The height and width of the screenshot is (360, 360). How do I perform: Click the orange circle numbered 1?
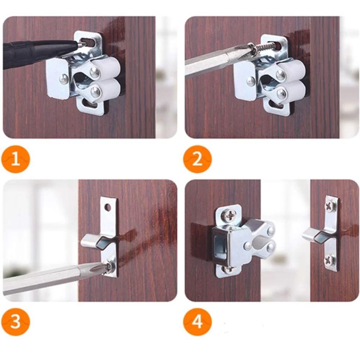pyautogui.click(x=15, y=159)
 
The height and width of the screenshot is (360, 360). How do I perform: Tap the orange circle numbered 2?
pyautogui.click(x=197, y=159)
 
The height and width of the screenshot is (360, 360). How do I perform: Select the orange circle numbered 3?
pyautogui.click(x=15, y=321)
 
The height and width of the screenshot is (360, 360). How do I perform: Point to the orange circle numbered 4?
pyautogui.click(x=197, y=321)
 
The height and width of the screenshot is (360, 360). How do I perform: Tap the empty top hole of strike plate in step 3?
pyautogui.click(x=107, y=208)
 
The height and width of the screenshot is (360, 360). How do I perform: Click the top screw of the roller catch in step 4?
pyautogui.click(x=229, y=215)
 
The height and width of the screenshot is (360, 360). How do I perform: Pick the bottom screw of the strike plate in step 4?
pyautogui.click(x=329, y=260)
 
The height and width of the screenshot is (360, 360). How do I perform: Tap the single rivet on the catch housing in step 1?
pyautogui.click(x=64, y=79)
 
